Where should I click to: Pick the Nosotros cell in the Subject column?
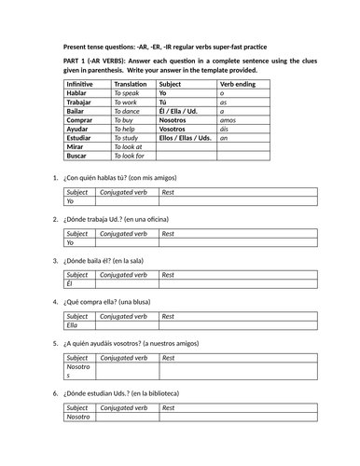tap(178, 120)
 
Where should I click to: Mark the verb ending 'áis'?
tap(224, 129)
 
